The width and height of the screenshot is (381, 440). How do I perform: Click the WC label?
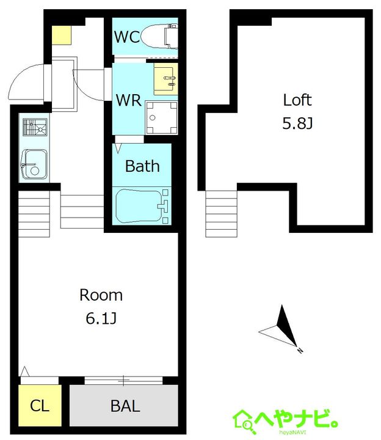tap(127, 37)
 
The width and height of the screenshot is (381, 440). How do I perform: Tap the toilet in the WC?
tap(159, 37)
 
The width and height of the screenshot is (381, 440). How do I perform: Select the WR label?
tap(129, 100)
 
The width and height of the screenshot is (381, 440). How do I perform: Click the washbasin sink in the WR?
tap(165, 79)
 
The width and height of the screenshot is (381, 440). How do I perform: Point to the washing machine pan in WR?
tap(161, 117)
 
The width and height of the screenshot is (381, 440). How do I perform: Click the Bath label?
tap(142, 166)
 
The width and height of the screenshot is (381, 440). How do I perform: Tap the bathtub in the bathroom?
tap(142, 207)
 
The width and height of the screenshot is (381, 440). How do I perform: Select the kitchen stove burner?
tap(35, 127)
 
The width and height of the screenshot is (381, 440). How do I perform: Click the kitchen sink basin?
tap(34, 164)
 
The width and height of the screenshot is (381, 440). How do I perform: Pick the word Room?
tap(101, 295)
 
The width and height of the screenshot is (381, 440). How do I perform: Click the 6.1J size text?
tap(101, 318)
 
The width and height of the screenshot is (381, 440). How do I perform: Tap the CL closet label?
tap(40, 406)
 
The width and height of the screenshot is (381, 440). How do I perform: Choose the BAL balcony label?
tap(125, 406)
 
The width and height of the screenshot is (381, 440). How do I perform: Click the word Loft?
tap(297, 100)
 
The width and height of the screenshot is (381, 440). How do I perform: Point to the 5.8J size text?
tap(297, 123)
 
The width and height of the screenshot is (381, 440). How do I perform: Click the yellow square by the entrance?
tap(62, 35)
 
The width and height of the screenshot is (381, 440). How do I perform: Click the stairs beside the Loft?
tap(221, 214)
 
